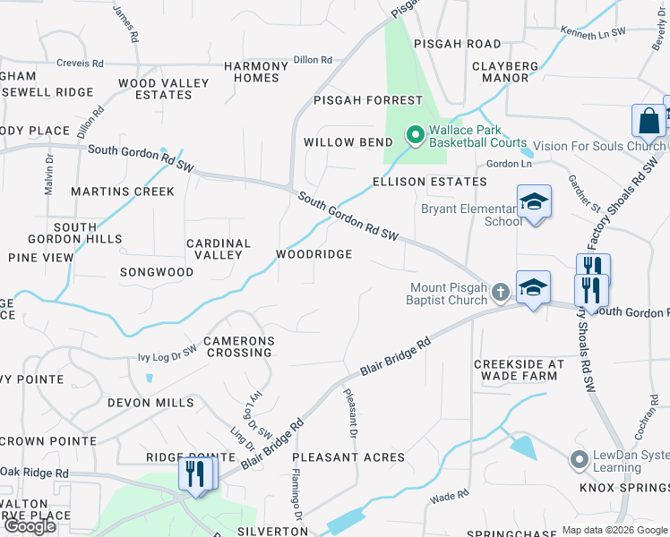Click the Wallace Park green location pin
coord(415,136)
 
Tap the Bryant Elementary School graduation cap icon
coord(533,201)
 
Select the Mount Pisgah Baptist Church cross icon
coord(501,291)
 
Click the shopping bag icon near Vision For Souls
coord(648,121)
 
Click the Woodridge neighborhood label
coord(314,254)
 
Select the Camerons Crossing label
coord(237,346)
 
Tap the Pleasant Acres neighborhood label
coord(348,457)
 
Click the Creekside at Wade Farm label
coord(519,370)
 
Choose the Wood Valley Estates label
coord(164,89)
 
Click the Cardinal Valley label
coord(219,249)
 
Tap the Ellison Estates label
coord(430,182)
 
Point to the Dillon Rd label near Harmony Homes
coord(313,60)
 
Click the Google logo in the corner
coord(30,526)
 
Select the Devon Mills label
coord(150,403)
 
